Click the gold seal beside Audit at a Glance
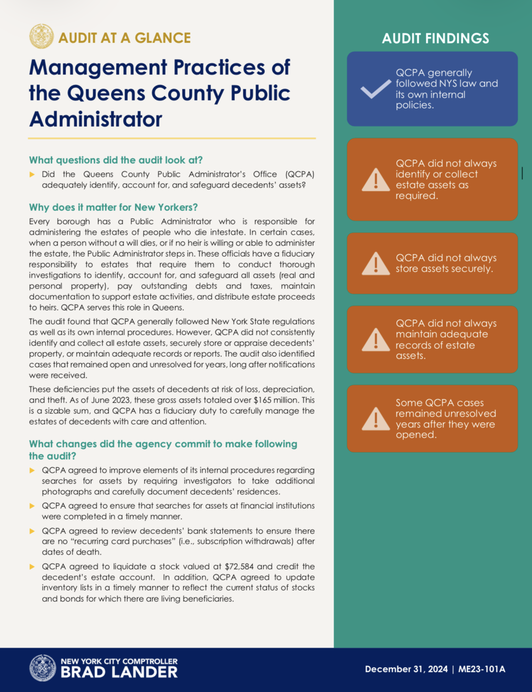[x=41, y=36]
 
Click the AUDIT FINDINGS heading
[x=435, y=38]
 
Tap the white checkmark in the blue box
[x=375, y=89]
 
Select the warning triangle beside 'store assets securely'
[x=376, y=264]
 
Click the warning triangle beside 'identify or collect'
[x=376, y=180]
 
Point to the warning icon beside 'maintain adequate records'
[x=376, y=339]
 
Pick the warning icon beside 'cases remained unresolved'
[x=376, y=419]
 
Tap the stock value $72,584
[x=239, y=567]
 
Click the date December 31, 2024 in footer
[x=406, y=669]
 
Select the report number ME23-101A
[x=481, y=669]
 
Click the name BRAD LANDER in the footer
[x=119, y=672]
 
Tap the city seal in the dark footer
[x=43, y=668]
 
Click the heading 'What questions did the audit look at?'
[x=116, y=160]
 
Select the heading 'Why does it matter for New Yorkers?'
[x=113, y=207]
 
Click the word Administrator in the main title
[x=95, y=119]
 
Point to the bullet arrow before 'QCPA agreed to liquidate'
[x=32, y=567]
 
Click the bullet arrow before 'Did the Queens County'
[x=32, y=174]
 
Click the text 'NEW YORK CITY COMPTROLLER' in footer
[x=119, y=661]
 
